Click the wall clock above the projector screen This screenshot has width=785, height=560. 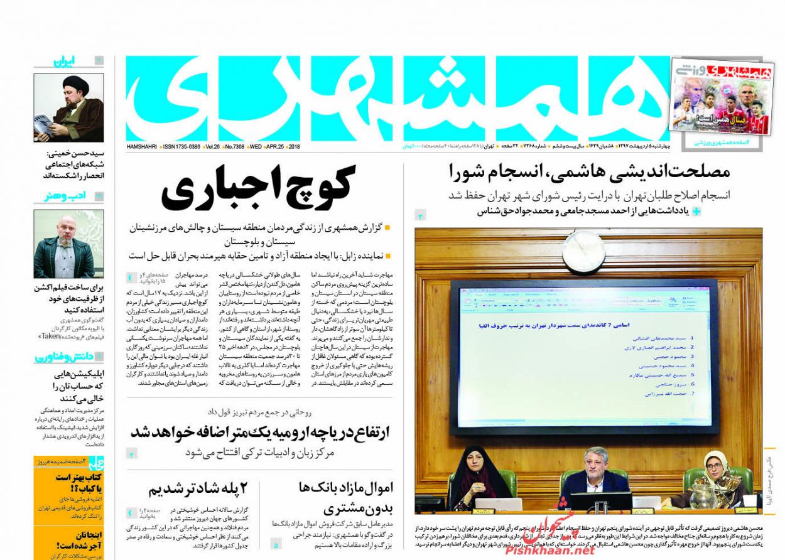[583, 250]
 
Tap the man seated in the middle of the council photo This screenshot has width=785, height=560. [593, 475]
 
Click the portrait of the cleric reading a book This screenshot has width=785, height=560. [68, 108]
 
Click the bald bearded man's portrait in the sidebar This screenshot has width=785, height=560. [68, 244]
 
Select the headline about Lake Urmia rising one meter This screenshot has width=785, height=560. [261, 433]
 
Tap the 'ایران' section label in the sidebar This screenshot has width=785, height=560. [64, 62]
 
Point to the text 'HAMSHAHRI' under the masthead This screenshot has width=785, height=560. [142, 146]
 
